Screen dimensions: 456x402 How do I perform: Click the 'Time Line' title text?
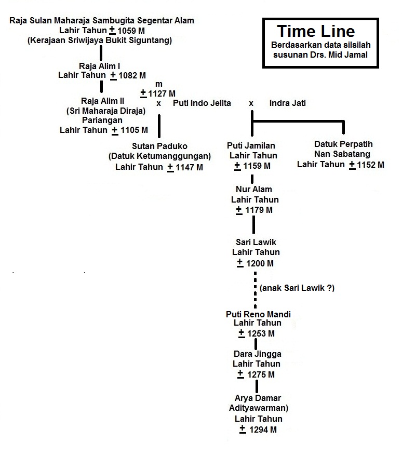tap(316, 31)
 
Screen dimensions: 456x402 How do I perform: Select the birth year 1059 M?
tap(132, 30)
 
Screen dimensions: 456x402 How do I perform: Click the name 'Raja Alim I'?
tap(100, 66)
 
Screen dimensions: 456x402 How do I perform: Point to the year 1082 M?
tap(136, 75)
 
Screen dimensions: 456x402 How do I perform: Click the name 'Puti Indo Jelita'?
tap(202, 103)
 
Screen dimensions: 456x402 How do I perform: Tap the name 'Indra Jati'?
tap(287, 103)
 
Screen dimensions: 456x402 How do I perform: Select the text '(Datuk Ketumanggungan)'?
tap(159, 156)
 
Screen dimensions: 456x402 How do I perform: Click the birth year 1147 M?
tap(189, 167)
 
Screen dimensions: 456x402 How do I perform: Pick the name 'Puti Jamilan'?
tap(251, 146)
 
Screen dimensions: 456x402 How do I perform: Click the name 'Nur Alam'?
tap(254, 190)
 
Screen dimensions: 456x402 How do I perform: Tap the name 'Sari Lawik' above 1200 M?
tap(256, 242)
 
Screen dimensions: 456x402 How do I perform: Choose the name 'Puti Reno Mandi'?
tap(258, 314)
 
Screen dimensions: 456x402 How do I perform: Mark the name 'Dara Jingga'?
tap(257, 354)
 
